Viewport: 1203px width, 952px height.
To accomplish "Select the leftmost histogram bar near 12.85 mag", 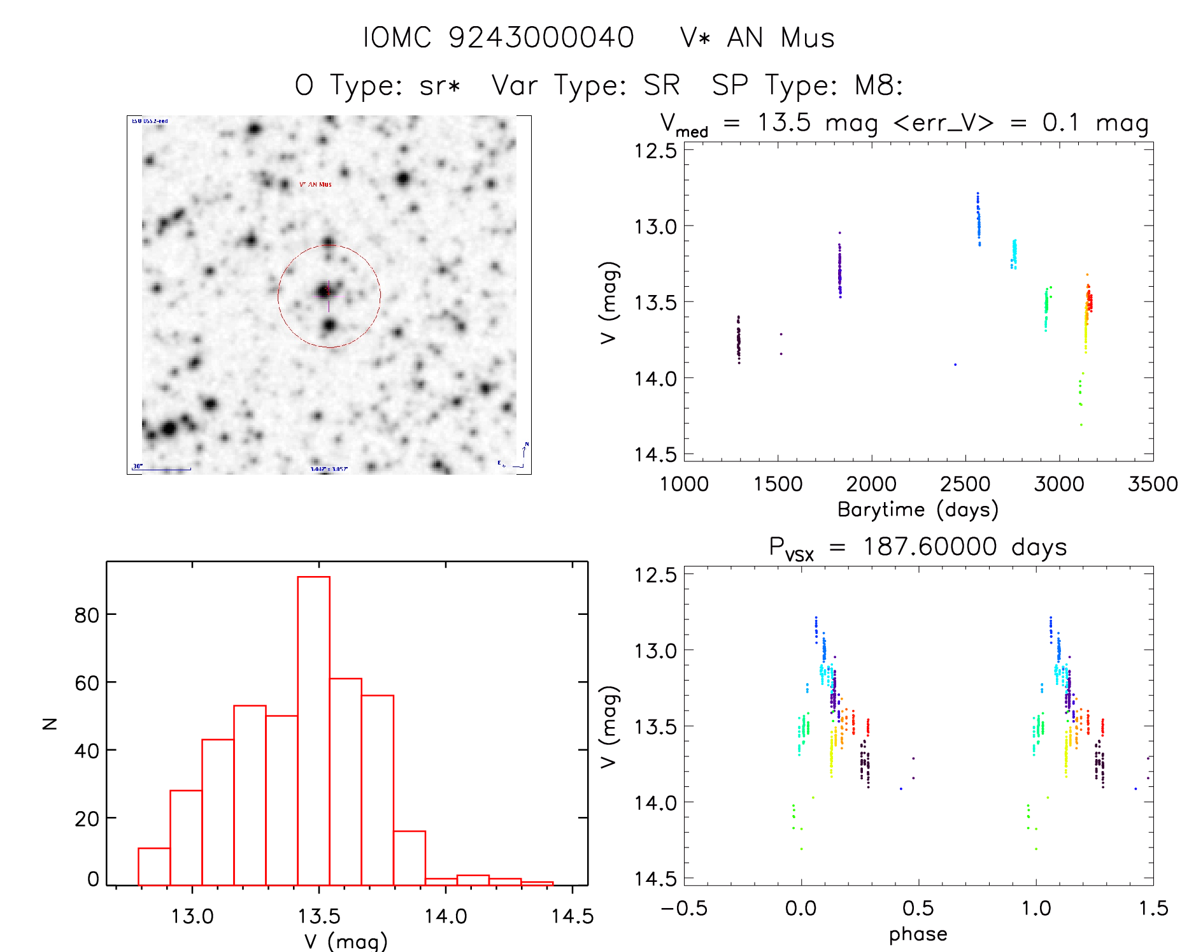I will point(154,867).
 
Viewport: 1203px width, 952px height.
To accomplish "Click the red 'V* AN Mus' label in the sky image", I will point(315,184).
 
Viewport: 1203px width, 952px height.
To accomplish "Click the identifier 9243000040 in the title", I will point(541,38).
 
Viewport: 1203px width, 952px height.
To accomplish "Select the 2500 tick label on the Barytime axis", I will point(965,484).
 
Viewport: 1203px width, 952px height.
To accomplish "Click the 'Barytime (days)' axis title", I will point(918,510).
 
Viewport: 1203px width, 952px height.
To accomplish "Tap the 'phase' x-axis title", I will point(918,934).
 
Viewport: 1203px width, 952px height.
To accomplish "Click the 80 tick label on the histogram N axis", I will point(87,615).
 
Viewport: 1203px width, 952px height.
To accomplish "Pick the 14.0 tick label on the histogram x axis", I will point(446,916).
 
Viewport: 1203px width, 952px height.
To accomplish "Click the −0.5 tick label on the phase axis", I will point(684,908).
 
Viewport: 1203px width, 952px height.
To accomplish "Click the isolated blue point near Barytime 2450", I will point(955,364).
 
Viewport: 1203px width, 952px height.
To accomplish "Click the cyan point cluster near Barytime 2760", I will point(1014,254).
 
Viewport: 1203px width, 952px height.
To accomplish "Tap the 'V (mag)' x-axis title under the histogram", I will point(346,941).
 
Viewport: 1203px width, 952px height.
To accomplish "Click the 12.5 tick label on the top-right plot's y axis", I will point(655,151).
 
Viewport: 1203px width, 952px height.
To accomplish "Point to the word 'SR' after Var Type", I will point(662,85).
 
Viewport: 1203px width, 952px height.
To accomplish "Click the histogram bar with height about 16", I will point(409,858).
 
